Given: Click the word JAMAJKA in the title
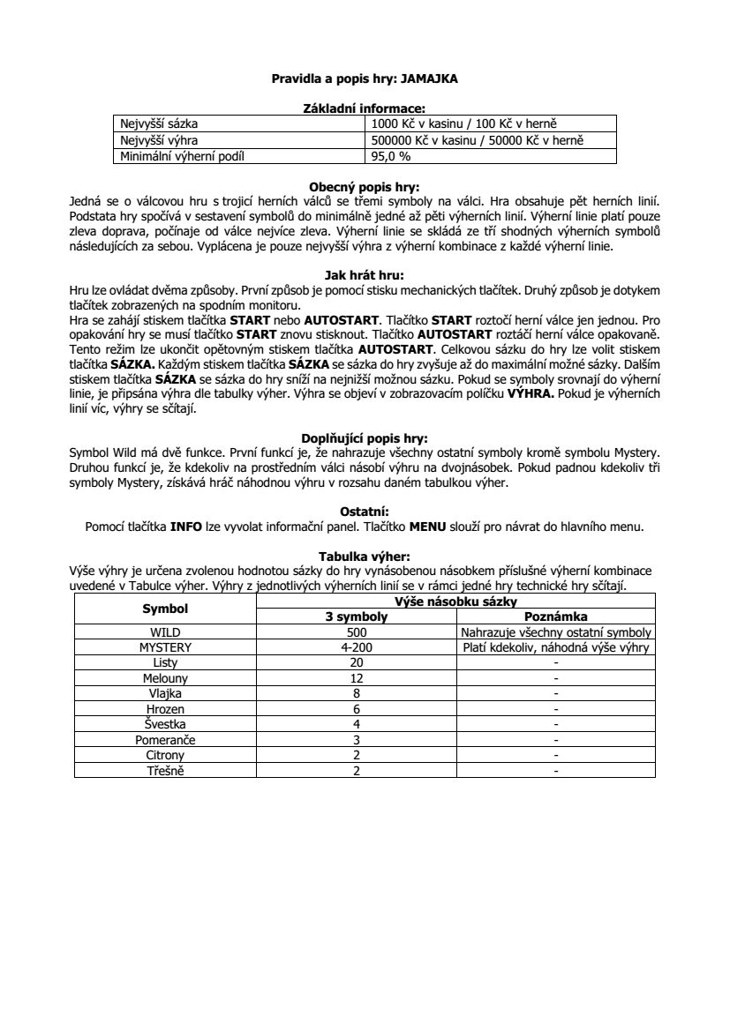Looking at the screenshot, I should pyautogui.click(x=429, y=78).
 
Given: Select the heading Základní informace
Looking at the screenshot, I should pyautogui.click(x=364, y=108).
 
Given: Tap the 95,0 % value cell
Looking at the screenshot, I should pyautogui.click(x=391, y=157).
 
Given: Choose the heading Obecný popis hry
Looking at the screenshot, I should pyautogui.click(x=364, y=187).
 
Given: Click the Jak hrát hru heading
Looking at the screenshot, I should pyautogui.click(x=364, y=275).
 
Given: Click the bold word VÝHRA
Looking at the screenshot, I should pyautogui.click(x=532, y=396).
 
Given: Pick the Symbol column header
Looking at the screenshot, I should pyautogui.click(x=165, y=609).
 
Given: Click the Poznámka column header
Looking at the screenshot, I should pyautogui.click(x=556, y=616).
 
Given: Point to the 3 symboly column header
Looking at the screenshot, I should pyautogui.click(x=357, y=616).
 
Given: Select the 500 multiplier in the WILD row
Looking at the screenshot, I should pyautogui.click(x=357, y=632).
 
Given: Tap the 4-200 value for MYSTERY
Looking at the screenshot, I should pyautogui.click(x=357, y=647).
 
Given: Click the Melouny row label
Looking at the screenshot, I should pyautogui.click(x=165, y=678).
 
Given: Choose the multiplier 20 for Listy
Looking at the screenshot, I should pyautogui.click(x=357, y=662).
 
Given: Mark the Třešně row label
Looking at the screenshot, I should pyautogui.click(x=165, y=771).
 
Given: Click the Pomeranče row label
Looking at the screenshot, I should pyautogui.click(x=165, y=740).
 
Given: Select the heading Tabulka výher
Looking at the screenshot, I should pyautogui.click(x=364, y=557).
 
